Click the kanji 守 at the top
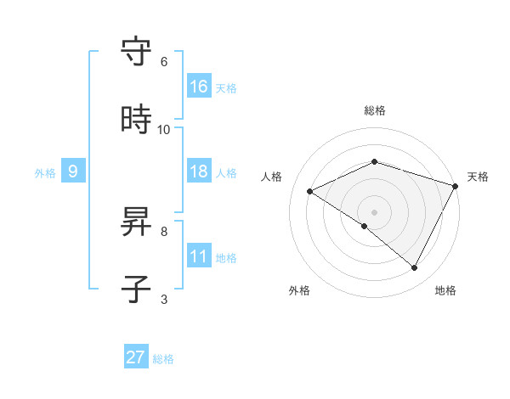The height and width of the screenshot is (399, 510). click(x=138, y=52)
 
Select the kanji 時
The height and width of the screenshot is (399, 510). click(x=138, y=120)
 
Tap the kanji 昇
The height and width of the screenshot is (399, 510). click(x=138, y=222)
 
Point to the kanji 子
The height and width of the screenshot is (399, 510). click(x=138, y=289)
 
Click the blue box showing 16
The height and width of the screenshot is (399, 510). click(x=199, y=87)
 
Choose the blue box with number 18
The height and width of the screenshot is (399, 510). click(x=199, y=171)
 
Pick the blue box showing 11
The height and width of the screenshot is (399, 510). click(x=199, y=256)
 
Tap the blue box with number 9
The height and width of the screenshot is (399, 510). click(x=73, y=171)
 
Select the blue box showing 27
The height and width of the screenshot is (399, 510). click(x=136, y=357)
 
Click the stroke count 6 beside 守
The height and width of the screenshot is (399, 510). click(x=164, y=62)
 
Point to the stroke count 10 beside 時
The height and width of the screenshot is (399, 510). click(x=164, y=130)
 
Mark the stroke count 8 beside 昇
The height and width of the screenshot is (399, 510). click(x=164, y=231)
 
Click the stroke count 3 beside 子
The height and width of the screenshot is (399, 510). click(x=164, y=299)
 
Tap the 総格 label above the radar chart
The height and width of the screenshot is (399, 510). click(x=375, y=110)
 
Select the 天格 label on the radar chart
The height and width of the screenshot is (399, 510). click(x=478, y=177)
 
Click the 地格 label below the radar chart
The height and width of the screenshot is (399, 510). click(x=445, y=290)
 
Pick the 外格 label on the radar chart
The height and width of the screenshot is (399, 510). click(x=299, y=290)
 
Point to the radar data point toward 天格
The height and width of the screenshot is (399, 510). click(x=456, y=186)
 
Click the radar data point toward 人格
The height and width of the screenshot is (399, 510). click(x=310, y=192)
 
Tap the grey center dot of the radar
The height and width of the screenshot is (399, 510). click(x=375, y=212)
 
